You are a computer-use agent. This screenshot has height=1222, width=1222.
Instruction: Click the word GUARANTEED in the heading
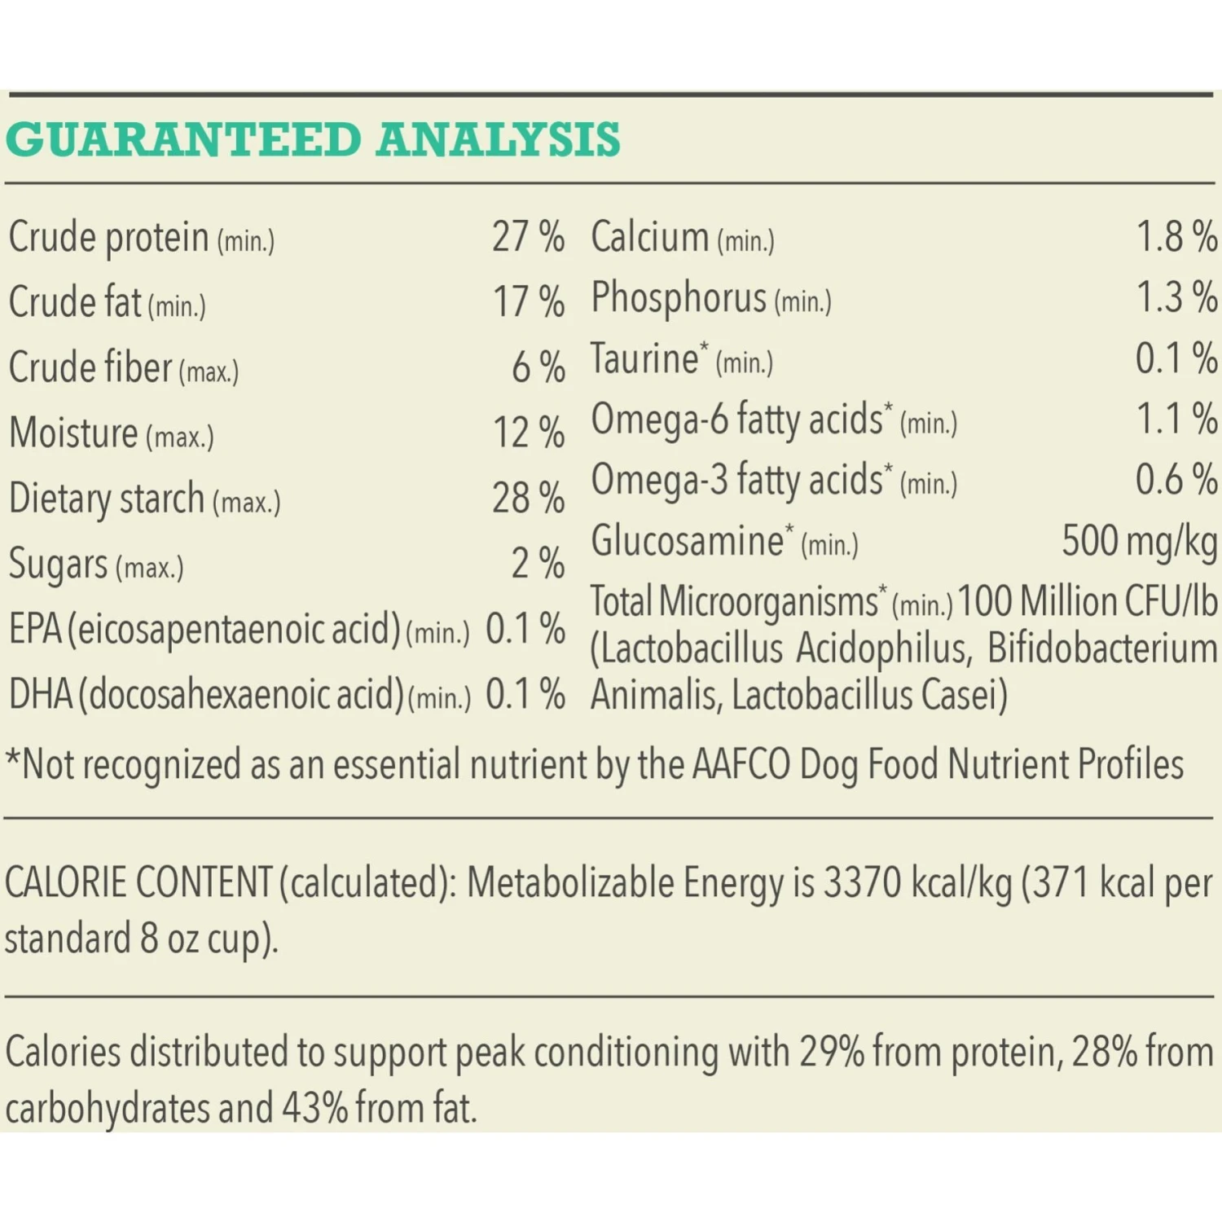click(183, 139)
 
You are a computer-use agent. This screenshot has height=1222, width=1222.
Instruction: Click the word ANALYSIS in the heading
click(498, 139)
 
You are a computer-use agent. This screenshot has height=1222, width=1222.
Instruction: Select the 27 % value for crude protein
click(528, 237)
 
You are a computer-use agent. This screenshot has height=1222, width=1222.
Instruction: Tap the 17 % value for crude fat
click(529, 302)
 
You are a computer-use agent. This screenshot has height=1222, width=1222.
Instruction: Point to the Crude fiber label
click(90, 367)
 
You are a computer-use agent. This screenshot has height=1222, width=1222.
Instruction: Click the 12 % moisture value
click(529, 433)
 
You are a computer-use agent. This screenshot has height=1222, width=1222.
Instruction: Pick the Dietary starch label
click(106, 498)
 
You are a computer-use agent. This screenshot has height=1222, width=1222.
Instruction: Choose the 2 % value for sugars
click(538, 563)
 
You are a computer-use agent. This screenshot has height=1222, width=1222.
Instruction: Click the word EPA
click(35, 629)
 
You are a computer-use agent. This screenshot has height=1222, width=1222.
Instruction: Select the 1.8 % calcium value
click(1176, 237)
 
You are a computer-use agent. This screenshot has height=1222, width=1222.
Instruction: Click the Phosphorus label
click(679, 297)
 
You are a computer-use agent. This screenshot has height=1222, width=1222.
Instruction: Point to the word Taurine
click(644, 358)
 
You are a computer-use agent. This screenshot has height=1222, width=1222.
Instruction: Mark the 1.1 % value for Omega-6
click(1176, 419)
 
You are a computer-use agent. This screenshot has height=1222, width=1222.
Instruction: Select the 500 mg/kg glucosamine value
click(1139, 540)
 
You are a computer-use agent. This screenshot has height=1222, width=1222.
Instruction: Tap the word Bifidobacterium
click(1102, 648)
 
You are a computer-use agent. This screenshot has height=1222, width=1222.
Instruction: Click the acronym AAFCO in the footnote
click(741, 765)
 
